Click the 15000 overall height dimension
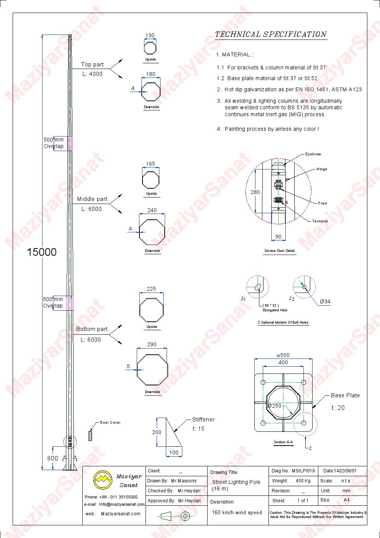42,252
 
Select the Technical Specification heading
270,34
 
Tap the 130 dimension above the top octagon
150,35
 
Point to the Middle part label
92,199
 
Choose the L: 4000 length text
92,74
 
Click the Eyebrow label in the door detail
313,154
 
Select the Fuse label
323,203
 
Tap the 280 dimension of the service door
255,192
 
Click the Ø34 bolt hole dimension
325,301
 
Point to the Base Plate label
345,395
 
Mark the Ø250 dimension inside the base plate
275,406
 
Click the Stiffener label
203,420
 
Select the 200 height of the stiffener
157,432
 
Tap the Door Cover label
110,423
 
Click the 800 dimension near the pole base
52,458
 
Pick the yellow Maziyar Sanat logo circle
103,480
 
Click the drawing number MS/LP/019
303,471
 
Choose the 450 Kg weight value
303,481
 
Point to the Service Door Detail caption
280,251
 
